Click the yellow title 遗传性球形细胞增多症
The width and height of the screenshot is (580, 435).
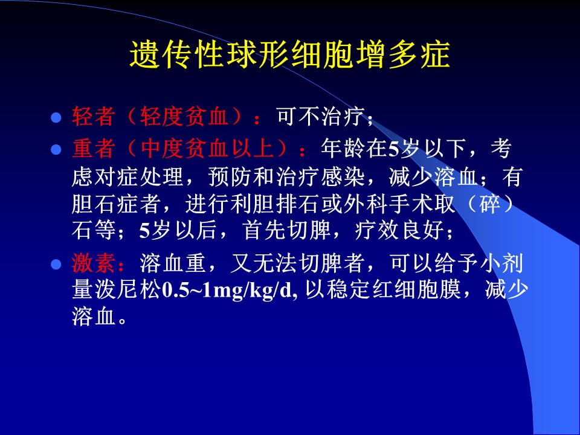(290, 55)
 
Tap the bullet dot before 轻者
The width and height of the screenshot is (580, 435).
(56, 118)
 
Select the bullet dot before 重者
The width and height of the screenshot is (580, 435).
(56, 150)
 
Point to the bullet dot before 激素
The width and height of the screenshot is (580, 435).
(56, 265)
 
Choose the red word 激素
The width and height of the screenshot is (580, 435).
(93, 263)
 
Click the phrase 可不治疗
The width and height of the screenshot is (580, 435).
(320, 117)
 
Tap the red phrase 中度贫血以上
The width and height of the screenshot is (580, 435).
(208, 149)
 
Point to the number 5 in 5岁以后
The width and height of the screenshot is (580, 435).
(144, 231)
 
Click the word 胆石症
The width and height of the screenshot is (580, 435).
(105, 204)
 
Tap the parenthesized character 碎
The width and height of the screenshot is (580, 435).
(490, 204)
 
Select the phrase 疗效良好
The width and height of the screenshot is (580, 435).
(399, 230)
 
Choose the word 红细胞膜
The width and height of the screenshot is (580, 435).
(416, 289)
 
